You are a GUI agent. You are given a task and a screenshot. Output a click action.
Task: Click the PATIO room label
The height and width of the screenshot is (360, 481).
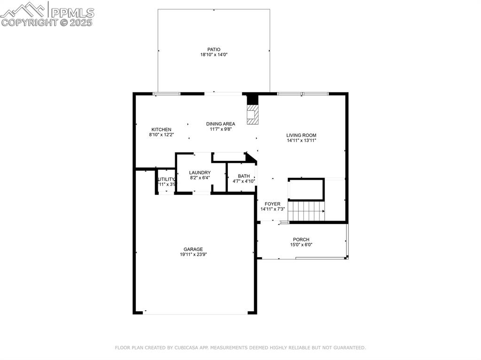click(214, 49)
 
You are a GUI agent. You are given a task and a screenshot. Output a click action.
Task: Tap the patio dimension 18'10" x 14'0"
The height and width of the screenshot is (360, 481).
click(214, 55)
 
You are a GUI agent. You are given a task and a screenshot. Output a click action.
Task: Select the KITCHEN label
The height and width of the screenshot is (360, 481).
click(161, 130)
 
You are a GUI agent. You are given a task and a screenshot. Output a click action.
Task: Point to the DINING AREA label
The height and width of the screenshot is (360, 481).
click(220, 124)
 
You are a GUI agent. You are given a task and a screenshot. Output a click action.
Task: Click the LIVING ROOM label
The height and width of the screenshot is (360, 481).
click(301, 135)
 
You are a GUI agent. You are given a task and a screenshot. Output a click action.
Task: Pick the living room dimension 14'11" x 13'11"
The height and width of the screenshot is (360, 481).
click(301, 140)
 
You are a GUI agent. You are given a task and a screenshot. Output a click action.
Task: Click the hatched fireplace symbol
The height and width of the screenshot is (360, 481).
click(253, 115)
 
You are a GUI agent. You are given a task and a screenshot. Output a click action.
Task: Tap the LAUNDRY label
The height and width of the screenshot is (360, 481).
click(200, 173)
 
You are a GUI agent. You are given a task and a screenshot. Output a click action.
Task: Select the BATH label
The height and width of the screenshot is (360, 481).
click(244, 176)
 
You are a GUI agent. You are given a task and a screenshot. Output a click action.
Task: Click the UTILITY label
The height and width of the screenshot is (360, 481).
click(166, 179)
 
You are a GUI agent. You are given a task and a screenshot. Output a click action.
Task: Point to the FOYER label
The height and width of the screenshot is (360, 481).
click(272, 204)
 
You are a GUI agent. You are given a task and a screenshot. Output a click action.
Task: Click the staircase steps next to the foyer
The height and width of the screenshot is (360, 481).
click(306, 211)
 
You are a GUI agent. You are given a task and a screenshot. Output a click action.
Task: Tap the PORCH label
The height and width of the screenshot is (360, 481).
click(301, 239)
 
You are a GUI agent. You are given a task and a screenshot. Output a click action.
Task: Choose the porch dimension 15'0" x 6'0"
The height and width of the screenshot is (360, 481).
click(301, 245)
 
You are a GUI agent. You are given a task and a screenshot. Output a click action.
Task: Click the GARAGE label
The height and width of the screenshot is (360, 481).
click(193, 249)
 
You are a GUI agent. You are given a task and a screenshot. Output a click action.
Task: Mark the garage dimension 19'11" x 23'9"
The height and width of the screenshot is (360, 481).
click(193, 254)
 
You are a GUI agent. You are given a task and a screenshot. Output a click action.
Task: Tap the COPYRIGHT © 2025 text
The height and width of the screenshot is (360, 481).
click(47, 22)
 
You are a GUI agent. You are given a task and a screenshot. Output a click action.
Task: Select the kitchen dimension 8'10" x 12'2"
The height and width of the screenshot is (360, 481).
click(161, 135)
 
